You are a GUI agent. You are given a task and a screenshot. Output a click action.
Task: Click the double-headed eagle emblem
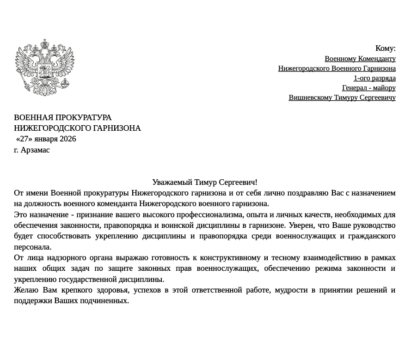pyautogui.click(x=44, y=67)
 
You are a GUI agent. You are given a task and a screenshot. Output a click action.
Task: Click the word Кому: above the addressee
pyautogui.click(x=385, y=48)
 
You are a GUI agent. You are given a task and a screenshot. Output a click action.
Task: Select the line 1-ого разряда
pyautogui.click(x=374, y=78)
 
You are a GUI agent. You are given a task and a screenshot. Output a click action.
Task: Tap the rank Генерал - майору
pyautogui.click(x=368, y=88)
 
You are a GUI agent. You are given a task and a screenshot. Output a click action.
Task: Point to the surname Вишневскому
pyautogui.click(x=309, y=98)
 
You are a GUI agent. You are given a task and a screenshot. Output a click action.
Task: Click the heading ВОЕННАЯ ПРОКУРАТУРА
pyautogui.click(x=63, y=117)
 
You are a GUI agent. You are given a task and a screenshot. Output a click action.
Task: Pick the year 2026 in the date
pyautogui.click(x=68, y=139)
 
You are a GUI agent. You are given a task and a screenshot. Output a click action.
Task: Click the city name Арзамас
pyautogui.click(x=35, y=150)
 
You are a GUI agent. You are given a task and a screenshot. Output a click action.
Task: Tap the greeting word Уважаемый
pyautogui.click(x=172, y=182)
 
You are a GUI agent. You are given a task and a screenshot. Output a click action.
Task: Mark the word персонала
pyautogui.click(x=32, y=247)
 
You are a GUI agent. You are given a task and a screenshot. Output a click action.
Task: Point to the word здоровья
pyautogui.click(x=113, y=290)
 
